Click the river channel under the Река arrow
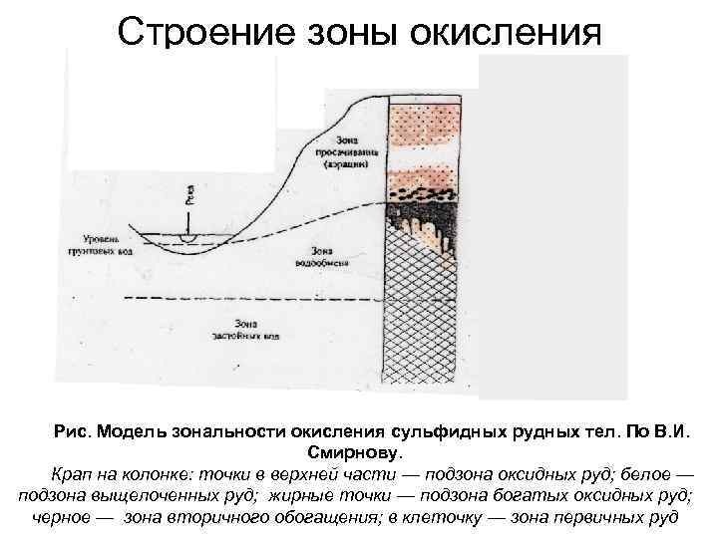[184, 241]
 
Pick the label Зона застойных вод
[243, 330]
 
